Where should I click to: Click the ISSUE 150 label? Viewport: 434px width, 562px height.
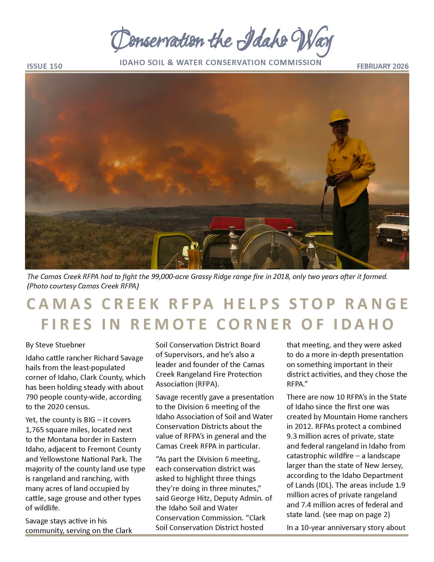tap(44, 66)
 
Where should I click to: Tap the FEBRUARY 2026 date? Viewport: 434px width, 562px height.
tap(382, 66)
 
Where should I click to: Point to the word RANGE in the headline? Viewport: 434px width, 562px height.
tap(376, 304)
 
